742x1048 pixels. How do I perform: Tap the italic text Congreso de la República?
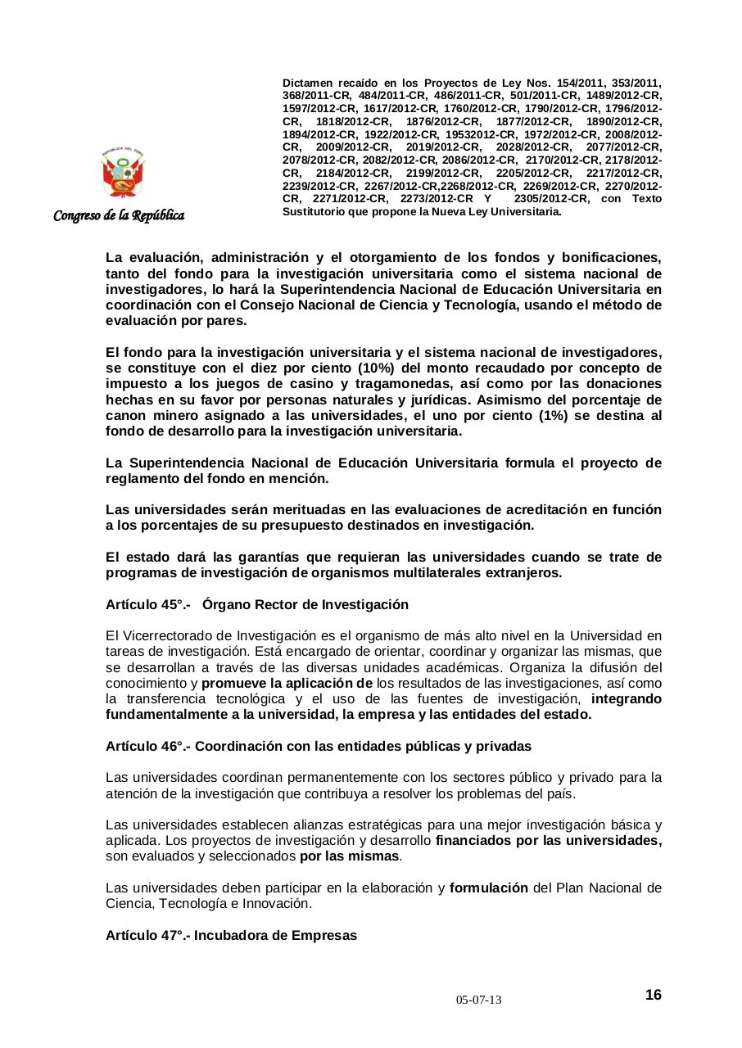pyautogui.click(x=119, y=216)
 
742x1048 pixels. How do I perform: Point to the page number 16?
pyautogui.click(x=653, y=995)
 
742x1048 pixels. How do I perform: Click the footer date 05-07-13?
pyautogui.click(x=479, y=1001)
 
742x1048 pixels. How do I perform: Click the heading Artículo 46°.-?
pyautogui.click(x=148, y=747)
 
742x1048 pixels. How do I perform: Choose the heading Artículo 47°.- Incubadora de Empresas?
pyautogui.click(x=231, y=935)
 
